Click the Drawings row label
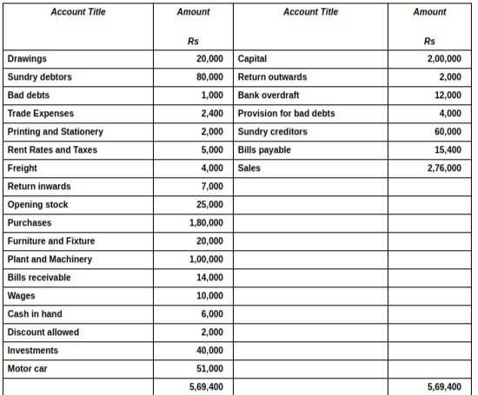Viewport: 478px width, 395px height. click(27, 59)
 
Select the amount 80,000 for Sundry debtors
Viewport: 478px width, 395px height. click(209, 77)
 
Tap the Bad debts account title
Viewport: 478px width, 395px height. click(27, 95)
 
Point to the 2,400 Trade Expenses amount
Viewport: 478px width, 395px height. click(212, 114)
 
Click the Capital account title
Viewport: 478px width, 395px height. click(252, 59)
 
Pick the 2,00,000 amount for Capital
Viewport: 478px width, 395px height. click(444, 59)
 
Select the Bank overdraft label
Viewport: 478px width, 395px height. click(268, 95)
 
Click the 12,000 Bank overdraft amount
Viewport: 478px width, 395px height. click(448, 95)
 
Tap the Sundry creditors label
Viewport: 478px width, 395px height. click(272, 132)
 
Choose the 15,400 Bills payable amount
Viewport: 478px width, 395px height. click(448, 150)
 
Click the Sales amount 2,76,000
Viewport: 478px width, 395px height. click(444, 168)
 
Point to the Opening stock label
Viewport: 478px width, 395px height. click(37, 205)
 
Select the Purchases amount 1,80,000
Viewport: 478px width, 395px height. click(206, 223)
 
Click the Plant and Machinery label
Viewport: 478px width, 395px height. click(50, 260)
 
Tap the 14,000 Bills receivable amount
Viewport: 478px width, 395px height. click(209, 278)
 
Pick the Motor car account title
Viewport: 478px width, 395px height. click(27, 368)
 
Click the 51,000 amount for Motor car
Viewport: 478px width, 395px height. click(209, 368)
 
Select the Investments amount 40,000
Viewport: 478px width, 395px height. click(209, 350)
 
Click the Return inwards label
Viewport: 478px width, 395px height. click(39, 187)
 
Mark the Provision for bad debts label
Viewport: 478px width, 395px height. click(286, 114)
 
